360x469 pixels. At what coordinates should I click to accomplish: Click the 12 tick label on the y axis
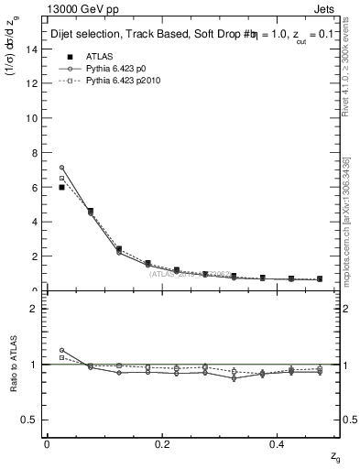[x=32, y=83]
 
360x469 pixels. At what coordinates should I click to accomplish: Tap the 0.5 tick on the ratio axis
[x=30, y=420]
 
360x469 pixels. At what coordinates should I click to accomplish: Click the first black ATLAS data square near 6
[x=61, y=187]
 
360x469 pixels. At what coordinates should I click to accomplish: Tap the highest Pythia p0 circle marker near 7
[x=61, y=168]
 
